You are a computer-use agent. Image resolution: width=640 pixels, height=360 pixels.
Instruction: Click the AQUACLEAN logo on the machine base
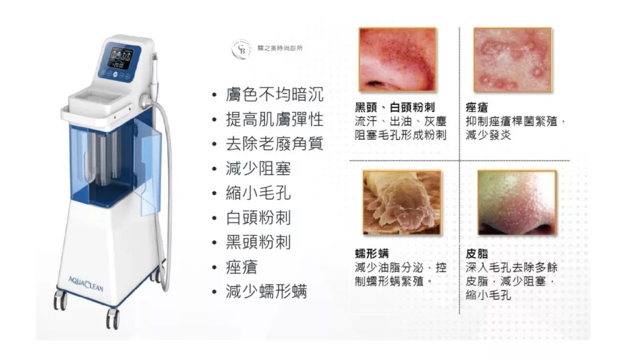pos(86,283)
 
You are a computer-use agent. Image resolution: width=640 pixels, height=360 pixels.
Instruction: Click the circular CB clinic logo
pos(241,49)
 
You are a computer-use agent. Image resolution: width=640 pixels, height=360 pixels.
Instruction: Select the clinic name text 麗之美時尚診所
pos(280,48)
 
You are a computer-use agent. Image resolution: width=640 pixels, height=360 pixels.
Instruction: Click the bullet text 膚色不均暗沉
pos(274,94)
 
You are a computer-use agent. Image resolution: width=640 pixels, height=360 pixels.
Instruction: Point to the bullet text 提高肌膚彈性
pos(274,119)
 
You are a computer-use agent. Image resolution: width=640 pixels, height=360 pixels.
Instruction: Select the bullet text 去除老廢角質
pos(274,144)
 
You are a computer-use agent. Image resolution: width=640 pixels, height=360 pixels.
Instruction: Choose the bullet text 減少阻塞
pos(258,168)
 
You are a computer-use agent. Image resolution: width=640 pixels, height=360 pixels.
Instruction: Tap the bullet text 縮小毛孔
pos(258,192)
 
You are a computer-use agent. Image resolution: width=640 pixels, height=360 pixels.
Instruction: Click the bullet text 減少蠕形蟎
pos(266,291)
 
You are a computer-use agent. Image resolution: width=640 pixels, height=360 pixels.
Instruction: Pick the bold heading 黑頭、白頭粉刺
pos(395,107)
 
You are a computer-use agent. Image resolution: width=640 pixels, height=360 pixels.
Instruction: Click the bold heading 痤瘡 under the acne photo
pos(477,107)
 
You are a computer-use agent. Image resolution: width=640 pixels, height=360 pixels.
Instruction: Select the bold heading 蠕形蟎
pos(371,254)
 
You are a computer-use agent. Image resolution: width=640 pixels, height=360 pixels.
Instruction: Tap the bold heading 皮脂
pos(477,254)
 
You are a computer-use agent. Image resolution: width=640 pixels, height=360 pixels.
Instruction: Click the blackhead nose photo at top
pos(397,60)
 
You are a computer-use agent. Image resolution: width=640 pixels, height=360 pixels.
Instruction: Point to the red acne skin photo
pos(512,60)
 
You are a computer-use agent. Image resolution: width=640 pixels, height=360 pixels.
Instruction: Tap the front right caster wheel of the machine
pos(112,318)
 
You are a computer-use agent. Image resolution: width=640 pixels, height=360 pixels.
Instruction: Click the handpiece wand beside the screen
pos(155,76)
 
